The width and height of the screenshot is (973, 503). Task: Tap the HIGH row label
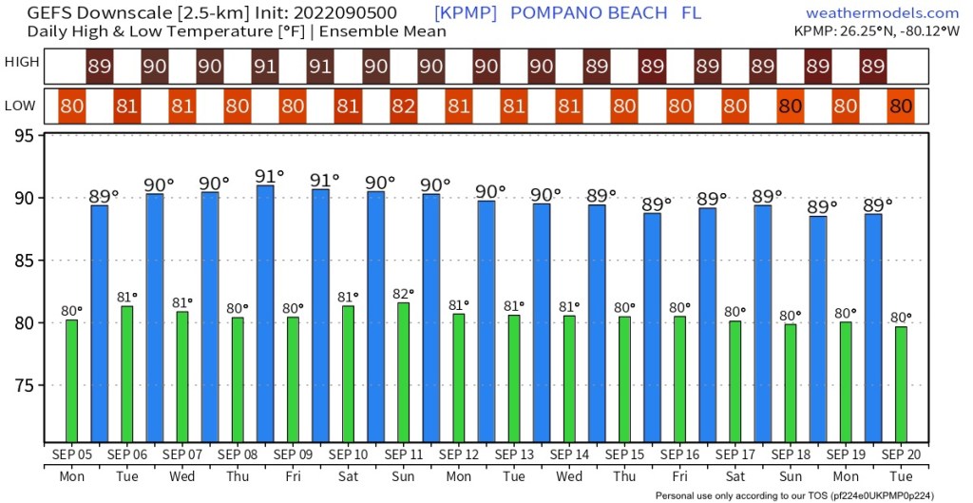coord(22,63)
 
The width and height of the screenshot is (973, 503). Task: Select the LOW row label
coord(22,106)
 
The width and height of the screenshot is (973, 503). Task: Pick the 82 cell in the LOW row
coord(403,106)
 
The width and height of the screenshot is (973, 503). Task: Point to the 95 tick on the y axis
coord(26,136)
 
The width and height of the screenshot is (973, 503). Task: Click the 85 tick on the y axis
coord(26,261)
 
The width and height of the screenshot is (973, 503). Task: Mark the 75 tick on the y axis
coord(26,385)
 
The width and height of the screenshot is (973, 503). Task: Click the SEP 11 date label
coord(403,455)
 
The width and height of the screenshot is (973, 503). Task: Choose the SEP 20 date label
coord(901,455)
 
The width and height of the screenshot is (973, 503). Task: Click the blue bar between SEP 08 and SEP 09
coord(265,314)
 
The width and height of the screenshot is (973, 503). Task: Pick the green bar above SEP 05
coord(71,380)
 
